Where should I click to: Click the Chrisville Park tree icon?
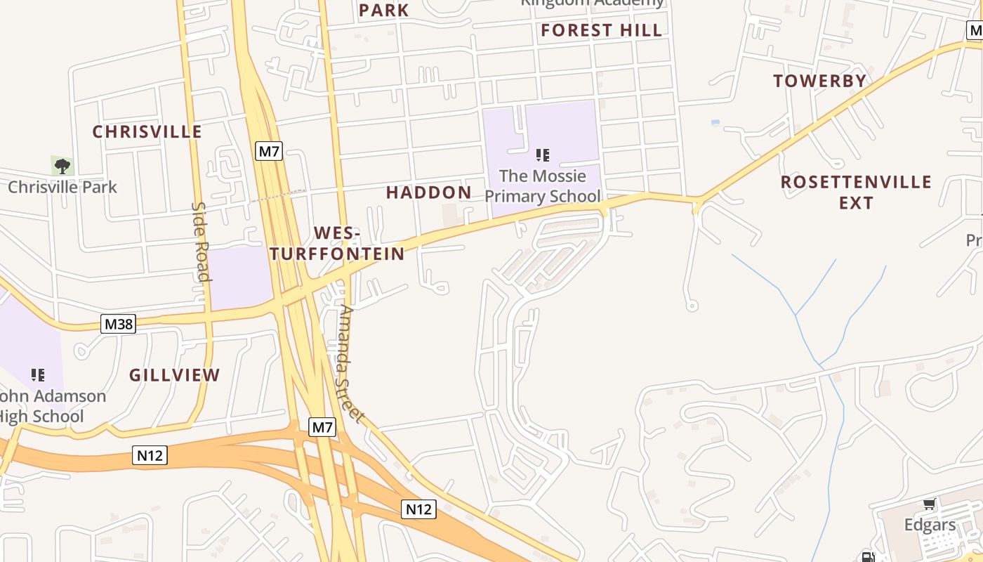click(62, 166)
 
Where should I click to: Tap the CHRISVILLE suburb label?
click(147, 132)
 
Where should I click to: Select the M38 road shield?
click(119, 324)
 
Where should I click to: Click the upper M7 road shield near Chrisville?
click(268, 151)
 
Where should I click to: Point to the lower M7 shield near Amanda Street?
click(322, 426)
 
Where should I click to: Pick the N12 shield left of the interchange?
click(150, 455)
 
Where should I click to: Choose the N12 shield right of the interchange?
click(418, 509)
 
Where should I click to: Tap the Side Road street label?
click(201, 241)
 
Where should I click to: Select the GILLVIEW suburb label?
click(175, 375)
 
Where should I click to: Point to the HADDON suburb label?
click(429, 192)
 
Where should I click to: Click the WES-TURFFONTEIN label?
click(338, 244)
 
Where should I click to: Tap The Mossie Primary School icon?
click(542, 155)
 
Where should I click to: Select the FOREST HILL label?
click(602, 30)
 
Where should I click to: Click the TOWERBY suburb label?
click(820, 81)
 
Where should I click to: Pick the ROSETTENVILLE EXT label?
click(856, 192)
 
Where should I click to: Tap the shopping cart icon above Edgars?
click(930, 504)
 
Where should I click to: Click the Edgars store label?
click(930, 525)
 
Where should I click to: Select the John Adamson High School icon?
click(38, 374)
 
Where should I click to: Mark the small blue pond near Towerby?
click(715, 122)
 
